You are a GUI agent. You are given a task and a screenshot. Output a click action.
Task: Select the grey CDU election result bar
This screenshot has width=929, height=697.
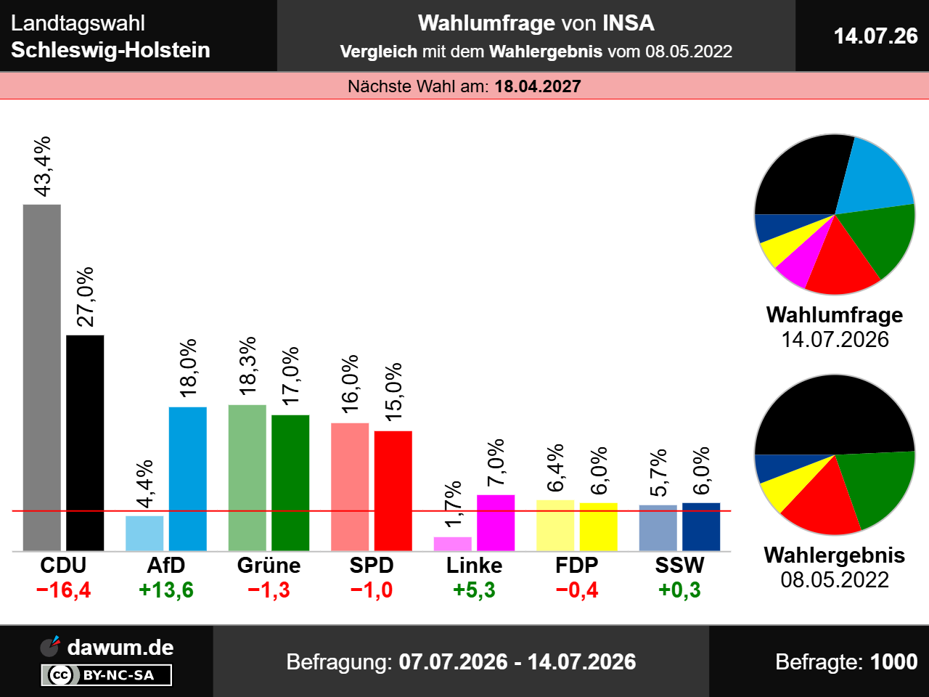(x=42, y=378)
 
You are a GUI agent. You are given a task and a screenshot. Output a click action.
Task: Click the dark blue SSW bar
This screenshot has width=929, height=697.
(x=701, y=527)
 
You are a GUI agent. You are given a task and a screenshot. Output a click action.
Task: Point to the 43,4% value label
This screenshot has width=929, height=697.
(x=42, y=167)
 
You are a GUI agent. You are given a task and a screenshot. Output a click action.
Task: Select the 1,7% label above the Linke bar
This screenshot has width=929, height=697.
(x=453, y=504)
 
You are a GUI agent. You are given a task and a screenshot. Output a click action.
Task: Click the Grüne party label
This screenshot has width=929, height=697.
(x=269, y=566)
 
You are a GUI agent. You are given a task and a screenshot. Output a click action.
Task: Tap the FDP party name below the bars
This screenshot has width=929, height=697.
(x=577, y=566)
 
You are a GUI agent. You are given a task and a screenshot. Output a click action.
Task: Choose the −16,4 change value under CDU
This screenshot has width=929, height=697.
(x=63, y=590)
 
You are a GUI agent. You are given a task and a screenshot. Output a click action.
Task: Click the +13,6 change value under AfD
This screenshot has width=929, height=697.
(x=166, y=590)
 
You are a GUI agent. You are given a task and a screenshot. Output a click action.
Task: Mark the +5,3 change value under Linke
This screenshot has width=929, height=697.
(x=474, y=590)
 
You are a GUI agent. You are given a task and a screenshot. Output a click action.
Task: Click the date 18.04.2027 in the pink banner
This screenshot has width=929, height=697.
(x=538, y=86)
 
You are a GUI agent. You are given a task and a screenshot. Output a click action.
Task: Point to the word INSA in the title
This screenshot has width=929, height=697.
(x=628, y=23)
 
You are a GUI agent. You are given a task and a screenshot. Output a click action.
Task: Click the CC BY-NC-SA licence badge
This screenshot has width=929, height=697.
(x=107, y=674)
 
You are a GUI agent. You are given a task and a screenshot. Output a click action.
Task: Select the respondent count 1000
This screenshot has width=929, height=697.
(x=894, y=662)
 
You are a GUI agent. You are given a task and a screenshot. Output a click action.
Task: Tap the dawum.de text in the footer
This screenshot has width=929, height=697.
(x=120, y=648)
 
